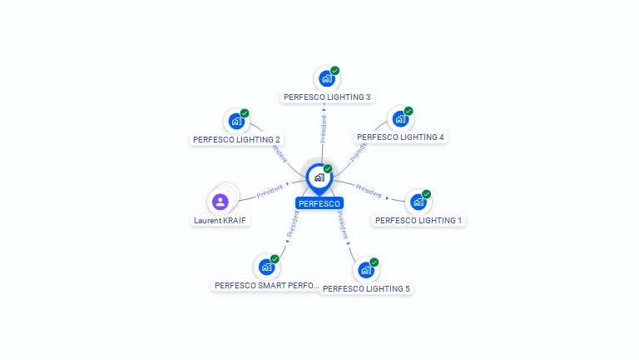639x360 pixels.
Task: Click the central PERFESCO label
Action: (319, 203)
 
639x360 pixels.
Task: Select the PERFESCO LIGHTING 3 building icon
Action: (326, 78)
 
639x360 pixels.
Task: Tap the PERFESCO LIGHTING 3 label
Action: (327, 97)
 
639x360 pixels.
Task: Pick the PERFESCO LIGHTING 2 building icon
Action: (236, 121)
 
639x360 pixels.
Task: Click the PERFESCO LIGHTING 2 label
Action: (236, 139)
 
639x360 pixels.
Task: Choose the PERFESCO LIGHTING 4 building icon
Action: (400, 118)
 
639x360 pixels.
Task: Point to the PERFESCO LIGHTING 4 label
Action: (400, 137)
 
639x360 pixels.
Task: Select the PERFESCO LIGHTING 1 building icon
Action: (418, 202)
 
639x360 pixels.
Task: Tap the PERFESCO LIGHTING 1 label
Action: (419, 220)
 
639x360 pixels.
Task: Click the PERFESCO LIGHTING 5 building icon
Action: (365, 270)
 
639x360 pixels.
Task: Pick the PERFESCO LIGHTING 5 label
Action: (366, 288)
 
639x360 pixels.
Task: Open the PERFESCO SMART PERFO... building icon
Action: (266, 267)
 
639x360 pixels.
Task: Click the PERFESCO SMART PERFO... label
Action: (266, 285)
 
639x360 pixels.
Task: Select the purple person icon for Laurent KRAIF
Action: (220, 202)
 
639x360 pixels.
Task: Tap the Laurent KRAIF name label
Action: (220, 221)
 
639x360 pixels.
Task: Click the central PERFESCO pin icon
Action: (319, 177)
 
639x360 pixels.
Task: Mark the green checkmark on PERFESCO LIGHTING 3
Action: (335, 70)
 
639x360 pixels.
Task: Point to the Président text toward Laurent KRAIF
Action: (270, 191)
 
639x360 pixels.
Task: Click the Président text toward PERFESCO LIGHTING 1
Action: (369, 191)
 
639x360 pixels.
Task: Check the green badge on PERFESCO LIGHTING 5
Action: (374, 262)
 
